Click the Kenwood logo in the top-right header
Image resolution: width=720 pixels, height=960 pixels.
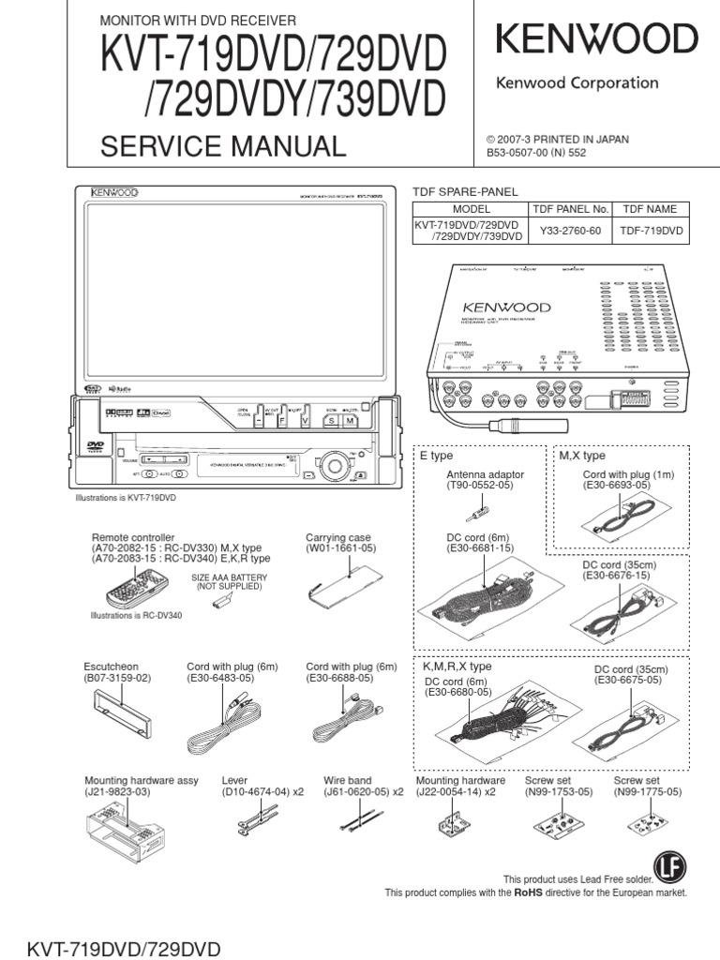tap(596, 40)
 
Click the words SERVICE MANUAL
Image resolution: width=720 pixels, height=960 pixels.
tap(223, 146)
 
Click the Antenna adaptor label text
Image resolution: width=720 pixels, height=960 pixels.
tap(485, 475)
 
